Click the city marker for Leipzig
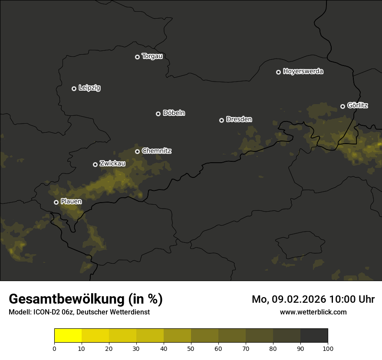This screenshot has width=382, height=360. point(74,88)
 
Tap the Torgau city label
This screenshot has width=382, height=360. point(152,56)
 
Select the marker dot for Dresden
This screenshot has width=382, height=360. point(222,120)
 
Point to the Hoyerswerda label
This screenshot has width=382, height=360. point(303,71)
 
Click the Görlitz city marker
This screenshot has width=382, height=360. point(342,106)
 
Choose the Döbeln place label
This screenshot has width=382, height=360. point(174,113)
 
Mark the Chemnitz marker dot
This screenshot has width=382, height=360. point(138,151)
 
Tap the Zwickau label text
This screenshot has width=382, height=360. point(112,164)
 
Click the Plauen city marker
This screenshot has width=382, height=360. point(56,202)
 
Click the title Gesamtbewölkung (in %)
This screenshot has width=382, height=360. point(86,299)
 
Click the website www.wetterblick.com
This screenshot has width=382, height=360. point(313,312)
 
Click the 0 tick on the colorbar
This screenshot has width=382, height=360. point(54,348)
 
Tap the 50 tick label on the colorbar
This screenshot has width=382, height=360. point(191,348)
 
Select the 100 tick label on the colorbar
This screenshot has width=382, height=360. point(328,348)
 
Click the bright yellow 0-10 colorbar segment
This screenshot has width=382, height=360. point(68,336)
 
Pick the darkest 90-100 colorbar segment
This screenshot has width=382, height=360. point(314,336)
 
